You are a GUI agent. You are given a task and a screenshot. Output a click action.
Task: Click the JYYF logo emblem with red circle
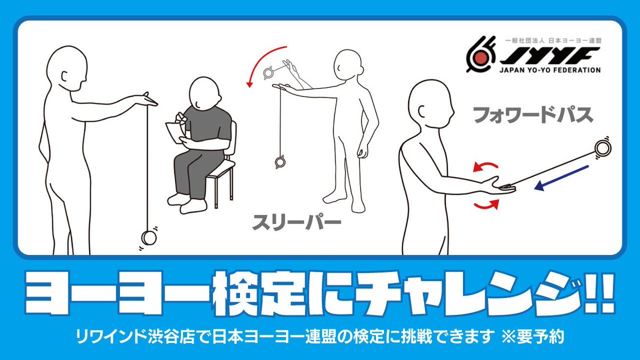pyautogui.click(x=481, y=54)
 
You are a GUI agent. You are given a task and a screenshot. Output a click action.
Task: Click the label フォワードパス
pyautogui.click(x=533, y=115)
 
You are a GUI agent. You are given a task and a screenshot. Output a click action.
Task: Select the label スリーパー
pyautogui.click(x=297, y=222)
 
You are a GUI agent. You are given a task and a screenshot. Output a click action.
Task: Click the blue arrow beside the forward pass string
pyautogui.click(x=562, y=178)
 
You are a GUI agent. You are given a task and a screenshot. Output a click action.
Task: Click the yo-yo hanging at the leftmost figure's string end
pyautogui.click(x=149, y=237)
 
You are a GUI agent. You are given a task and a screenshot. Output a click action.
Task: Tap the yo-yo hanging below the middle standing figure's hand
pyautogui.click(x=280, y=162)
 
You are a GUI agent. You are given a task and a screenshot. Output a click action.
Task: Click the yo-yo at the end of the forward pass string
pyautogui.click(x=603, y=149)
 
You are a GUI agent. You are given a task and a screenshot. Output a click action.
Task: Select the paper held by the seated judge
pyautogui.click(x=175, y=133)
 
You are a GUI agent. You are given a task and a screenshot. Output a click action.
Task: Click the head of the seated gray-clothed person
pyautogui.click(x=204, y=92)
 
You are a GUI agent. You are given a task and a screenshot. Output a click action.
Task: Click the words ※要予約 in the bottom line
pyautogui.click(x=533, y=337)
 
